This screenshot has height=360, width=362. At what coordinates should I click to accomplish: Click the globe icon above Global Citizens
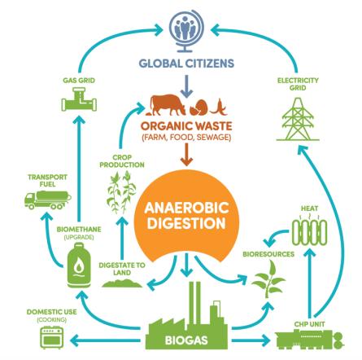[x=186, y=32]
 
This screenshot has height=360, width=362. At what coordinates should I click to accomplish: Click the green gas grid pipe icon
[x=79, y=99]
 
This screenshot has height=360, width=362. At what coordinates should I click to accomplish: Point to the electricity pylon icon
[x=298, y=119]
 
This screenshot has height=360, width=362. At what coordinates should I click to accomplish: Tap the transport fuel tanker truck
[x=48, y=200]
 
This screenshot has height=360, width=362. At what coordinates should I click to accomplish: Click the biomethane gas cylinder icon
[x=79, y=266]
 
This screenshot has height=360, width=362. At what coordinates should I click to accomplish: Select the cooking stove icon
[x=52, y=337]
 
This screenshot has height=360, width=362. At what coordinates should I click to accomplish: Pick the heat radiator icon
[x=310, y=231]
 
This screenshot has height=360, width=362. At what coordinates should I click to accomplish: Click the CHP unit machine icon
[x=309, y=338]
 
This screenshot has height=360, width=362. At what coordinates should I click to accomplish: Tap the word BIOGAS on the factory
[x=186, y=340]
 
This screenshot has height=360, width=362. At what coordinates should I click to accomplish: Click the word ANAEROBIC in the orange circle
[x=187, y=208]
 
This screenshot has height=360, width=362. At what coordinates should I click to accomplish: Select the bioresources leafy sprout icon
[x=268, y=279]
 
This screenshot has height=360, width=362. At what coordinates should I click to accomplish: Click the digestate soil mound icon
[x=122, y=283]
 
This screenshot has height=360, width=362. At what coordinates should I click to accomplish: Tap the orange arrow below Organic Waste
[x=186, y=154]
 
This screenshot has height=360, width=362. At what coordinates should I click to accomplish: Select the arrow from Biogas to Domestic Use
[x=106, y=340]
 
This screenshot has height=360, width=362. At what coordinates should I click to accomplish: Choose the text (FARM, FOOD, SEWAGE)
[x=186, y=138]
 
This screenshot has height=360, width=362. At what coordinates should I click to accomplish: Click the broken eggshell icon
[x=200, y=108]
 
